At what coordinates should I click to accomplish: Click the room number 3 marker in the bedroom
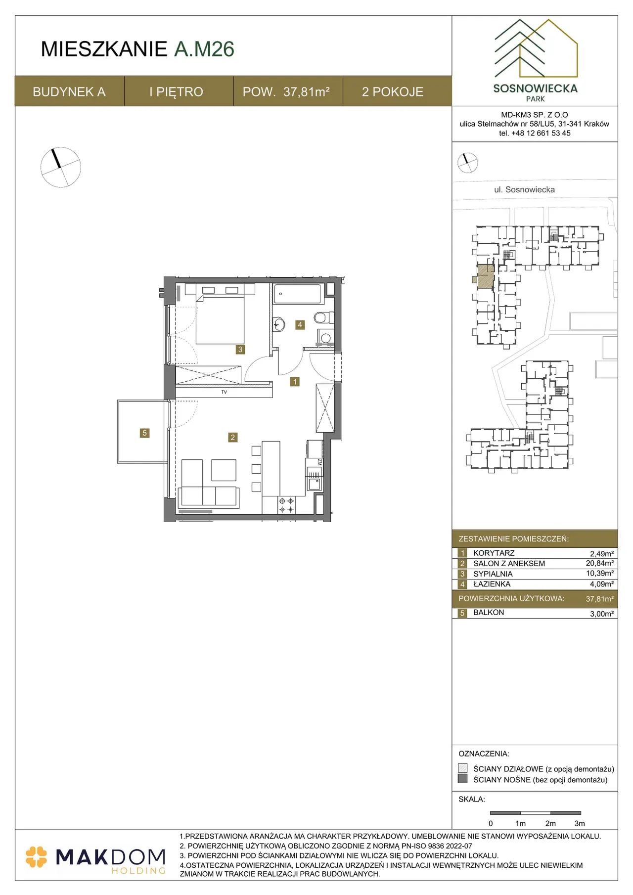tap(240, 349)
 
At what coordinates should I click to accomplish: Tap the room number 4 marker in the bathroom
tap(300, 325)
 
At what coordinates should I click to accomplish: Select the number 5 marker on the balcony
tap(144, 433)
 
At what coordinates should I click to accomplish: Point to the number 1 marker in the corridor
tap(295, 382)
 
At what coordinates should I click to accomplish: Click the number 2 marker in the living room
tap(232, 437)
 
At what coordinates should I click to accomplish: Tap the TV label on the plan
tap(224, 392)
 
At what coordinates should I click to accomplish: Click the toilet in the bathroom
tap(320, 317)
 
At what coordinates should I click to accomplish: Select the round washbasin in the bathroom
tap(279, 325)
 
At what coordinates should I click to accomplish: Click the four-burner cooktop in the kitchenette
tap(286, 505)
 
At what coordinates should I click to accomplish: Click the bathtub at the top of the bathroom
tap(298, 294)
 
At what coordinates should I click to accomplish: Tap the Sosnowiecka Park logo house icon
tap(536, 48)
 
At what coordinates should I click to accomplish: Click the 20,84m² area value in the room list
tap(600, 563)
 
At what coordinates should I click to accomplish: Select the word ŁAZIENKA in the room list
tap(492, 584)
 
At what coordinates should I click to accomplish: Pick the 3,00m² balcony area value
tap(602, 614)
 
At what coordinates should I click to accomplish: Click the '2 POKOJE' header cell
tap(393, 92)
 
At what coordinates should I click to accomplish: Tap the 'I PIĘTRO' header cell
tap(177, 92)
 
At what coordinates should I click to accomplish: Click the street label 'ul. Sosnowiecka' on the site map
tap(524, 189)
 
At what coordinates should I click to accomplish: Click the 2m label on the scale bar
tap(550, 823)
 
